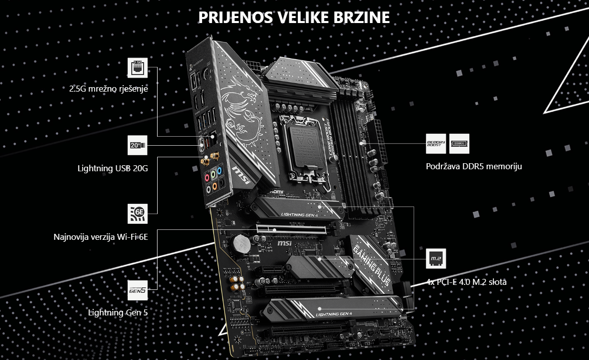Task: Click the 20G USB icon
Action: [137, 145]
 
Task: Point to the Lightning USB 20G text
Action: [113, 168]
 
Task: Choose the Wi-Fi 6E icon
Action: [137, 213]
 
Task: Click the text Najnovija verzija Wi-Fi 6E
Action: [101, 236]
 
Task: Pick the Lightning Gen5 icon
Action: [137, 289]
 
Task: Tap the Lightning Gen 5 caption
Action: [118, 312]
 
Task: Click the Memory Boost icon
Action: [435, 143]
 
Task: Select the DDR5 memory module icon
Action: [459, 143]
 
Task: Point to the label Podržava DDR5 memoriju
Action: [473, 166]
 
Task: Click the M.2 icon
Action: [434, 259]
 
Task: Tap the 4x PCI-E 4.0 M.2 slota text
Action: [466, 282]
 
